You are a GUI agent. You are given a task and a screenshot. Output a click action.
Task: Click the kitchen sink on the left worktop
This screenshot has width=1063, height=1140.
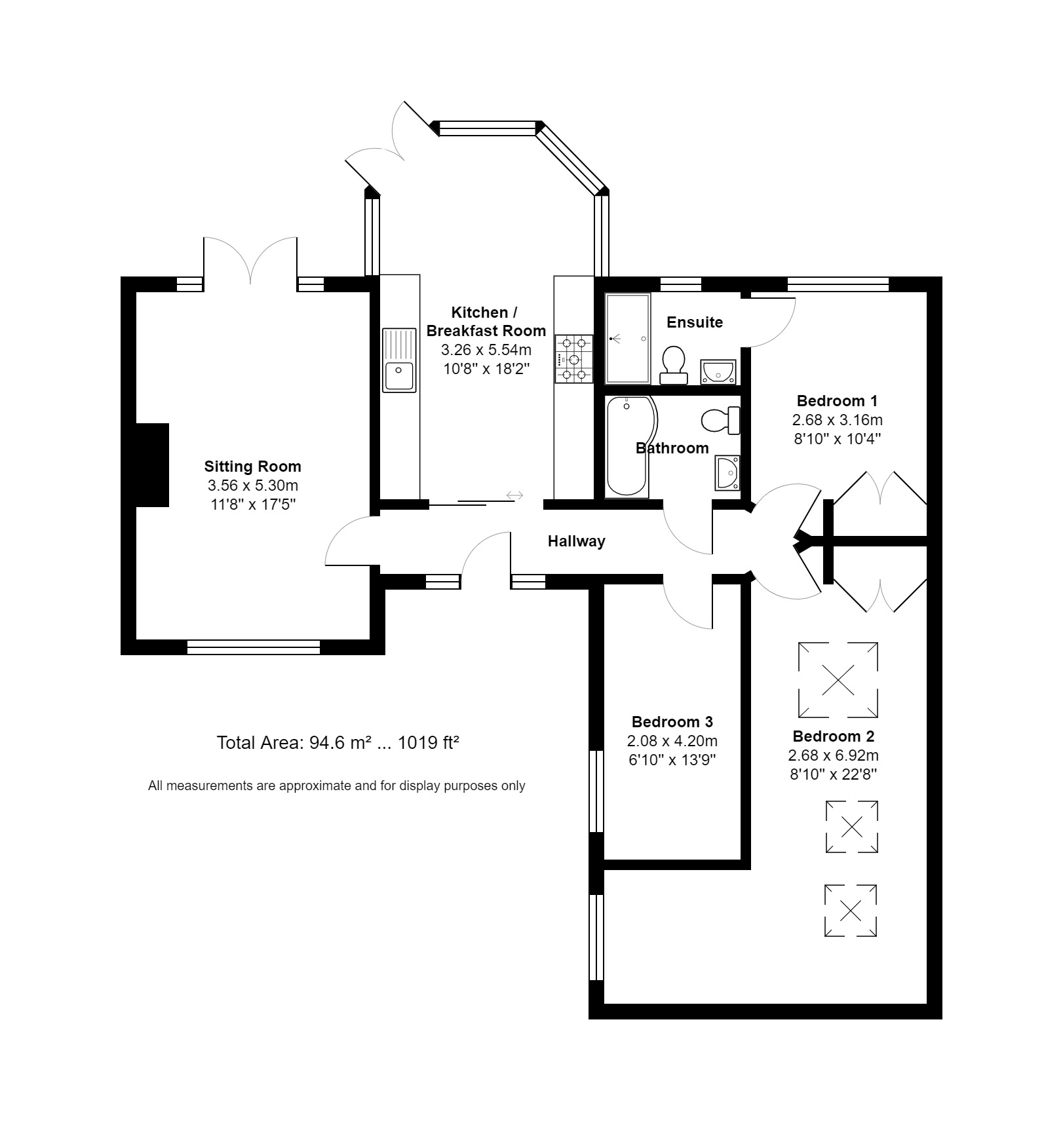pos(399,360)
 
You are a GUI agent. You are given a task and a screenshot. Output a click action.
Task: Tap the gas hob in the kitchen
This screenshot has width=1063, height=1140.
pos(574,359)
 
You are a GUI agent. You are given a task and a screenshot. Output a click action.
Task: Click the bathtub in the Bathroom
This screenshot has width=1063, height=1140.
pos(628,447)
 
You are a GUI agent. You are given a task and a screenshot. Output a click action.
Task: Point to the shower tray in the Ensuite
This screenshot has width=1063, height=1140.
pos(628,339)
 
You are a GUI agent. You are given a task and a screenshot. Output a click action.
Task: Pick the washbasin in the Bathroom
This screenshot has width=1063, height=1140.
pos(727,472)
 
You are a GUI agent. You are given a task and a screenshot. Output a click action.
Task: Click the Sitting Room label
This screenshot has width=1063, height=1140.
pos(252,466)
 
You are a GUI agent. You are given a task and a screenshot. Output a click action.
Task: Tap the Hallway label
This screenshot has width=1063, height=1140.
pos(576,541)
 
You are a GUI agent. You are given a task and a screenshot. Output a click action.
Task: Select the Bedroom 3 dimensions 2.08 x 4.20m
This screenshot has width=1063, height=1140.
pos(672,741)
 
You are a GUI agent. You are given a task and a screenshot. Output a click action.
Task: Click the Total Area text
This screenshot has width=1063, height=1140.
pos(338,743)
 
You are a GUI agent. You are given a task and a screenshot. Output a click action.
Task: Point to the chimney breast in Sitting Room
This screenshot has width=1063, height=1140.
pos(152,465)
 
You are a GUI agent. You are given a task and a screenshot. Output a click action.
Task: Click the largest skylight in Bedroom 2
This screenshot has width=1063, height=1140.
pos(838,679)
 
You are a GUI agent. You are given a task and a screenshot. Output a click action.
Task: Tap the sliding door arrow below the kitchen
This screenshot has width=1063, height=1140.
pos(515,495)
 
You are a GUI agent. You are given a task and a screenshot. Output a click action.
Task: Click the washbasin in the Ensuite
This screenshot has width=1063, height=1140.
pos(718,372)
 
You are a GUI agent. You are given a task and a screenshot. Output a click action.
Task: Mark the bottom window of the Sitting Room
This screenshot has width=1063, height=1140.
pos(253,647)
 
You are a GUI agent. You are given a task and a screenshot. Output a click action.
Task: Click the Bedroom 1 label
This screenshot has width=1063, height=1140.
pos(837,401)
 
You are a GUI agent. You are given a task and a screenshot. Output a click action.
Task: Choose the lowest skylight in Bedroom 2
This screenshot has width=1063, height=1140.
pos(850,910)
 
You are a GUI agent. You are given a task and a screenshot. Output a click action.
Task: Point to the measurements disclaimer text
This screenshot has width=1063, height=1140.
pos(336,786)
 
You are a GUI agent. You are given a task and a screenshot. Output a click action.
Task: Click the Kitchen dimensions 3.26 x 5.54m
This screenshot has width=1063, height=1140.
pos(486,350)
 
